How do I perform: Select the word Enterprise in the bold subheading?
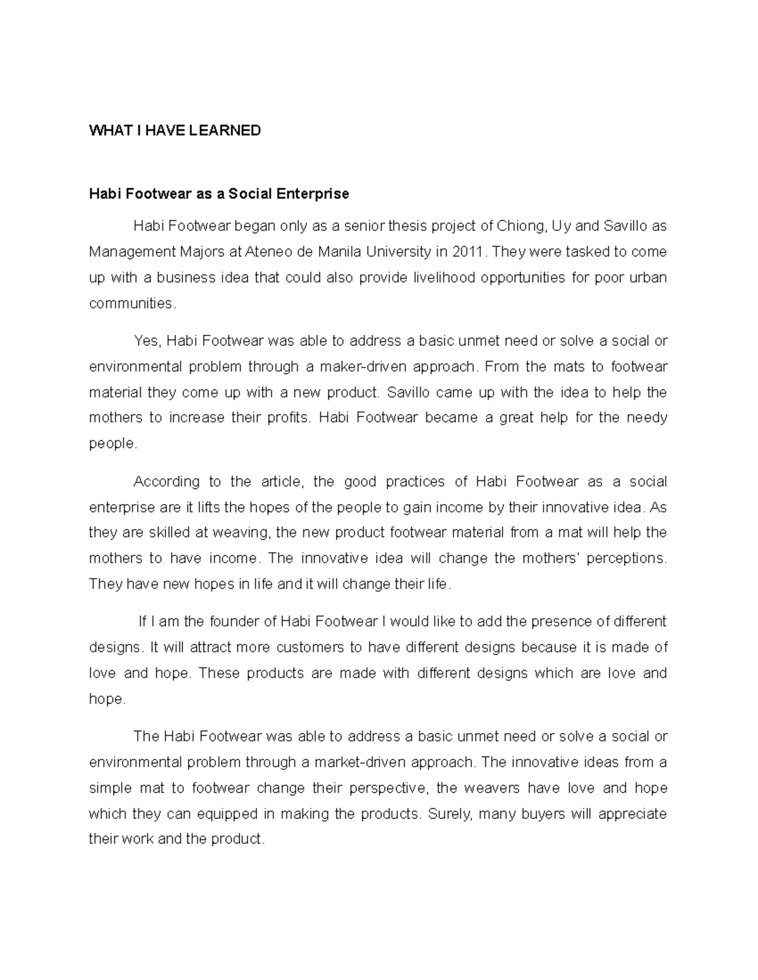pyautogui.click(x=312, y=194)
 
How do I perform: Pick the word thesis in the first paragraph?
pyautogui.click(x=409, y=226)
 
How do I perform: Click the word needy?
pyautogui.click(x=647, y=418)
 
